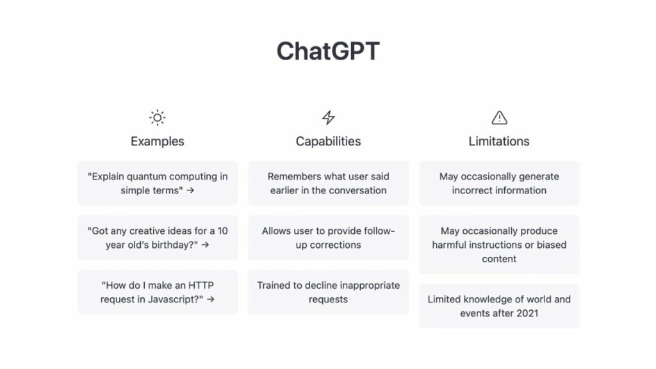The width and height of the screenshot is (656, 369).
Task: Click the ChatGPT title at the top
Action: (328, 51)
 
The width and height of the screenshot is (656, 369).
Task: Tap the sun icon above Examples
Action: (158, 118)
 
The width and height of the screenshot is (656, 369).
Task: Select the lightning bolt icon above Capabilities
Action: (329, 118)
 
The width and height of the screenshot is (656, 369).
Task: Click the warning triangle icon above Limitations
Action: (499, 118)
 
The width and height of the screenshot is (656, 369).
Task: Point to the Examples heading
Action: (158, 142)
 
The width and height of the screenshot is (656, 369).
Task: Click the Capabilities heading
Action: (329, 142)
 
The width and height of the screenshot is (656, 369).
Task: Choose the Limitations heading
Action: (499, 142)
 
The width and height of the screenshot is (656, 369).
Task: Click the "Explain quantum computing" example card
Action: (158, 183)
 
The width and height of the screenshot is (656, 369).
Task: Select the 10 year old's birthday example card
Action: (158, 238)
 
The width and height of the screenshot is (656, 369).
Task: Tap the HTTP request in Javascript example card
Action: (158, 292)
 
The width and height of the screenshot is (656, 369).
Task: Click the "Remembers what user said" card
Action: (329, 183)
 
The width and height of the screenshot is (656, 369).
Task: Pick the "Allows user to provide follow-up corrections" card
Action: (329, 238)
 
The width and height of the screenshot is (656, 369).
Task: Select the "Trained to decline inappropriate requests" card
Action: (329, 292)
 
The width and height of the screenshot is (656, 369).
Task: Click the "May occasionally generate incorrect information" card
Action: (499, 183)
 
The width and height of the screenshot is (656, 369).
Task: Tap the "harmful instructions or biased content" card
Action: (499, 245)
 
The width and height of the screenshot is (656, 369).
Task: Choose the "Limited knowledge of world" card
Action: (499, 306)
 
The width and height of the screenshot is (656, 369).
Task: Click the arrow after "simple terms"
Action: (190, 190)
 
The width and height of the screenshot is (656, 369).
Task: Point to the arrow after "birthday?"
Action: (205, 245)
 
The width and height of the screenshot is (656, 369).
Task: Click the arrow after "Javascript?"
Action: (210, 299)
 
